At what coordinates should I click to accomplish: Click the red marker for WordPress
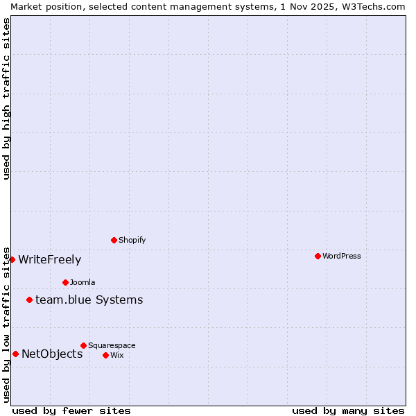click(318, 256)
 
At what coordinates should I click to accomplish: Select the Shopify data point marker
click(114, 240)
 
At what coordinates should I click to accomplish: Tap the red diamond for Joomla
click(65, 282)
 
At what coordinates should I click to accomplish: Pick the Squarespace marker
click(83, 345)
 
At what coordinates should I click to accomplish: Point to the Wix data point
click(105, 355)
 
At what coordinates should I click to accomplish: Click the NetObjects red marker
click(15, 354)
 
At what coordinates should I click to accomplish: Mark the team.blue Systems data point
click(29, 300)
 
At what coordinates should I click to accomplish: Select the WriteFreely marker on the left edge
click(12, 259)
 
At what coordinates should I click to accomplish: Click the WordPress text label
click(342, 256)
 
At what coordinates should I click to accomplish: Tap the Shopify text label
click(132, 240)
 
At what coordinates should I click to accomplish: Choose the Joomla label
click(83, 282)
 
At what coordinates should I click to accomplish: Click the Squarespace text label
click(112, 345)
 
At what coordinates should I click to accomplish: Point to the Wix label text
click(116, 355)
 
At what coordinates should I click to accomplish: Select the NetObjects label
click(52, 354)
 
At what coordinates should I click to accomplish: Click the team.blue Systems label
click(89, 300)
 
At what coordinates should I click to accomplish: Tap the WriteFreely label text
click(49, 259)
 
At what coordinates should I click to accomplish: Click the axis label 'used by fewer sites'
click(71, 410)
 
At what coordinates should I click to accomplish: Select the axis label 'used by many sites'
click(348, 410)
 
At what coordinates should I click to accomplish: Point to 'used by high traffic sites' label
click(6, 98)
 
